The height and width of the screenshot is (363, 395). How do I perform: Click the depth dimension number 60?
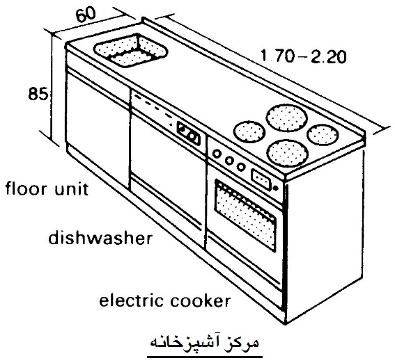pos(86,15)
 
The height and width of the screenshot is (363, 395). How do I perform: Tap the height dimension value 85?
pos(38,94)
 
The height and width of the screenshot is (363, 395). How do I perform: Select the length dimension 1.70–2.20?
pos(303,56)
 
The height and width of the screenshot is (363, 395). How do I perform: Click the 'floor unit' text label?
pos(47,188)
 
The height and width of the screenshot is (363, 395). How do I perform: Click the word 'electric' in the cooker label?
pos(132,300)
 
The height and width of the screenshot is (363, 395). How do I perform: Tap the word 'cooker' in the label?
pos(200,300)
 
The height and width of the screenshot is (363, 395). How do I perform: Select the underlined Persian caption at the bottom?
pos(205,343)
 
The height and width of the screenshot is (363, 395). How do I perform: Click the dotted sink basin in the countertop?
pos(131,51)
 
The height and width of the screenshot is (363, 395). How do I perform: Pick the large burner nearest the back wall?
pos(287,118)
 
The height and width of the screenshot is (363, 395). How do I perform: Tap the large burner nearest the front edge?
pos(288,153)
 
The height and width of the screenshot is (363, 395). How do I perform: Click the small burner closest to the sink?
pos(249,132)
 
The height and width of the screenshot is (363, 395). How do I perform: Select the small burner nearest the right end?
pos(323,134)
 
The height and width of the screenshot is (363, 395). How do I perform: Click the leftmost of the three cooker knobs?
pos(217,154)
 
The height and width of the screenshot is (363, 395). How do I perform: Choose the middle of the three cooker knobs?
pos(229,161)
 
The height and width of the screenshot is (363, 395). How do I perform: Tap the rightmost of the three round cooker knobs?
pos(241,167)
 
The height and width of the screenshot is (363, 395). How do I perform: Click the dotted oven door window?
pos(245,216)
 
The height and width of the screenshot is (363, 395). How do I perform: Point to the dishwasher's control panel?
pos(188,134)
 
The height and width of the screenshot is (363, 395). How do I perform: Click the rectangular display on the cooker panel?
pos(261,179)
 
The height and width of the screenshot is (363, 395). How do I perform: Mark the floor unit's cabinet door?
pos(98,129)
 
